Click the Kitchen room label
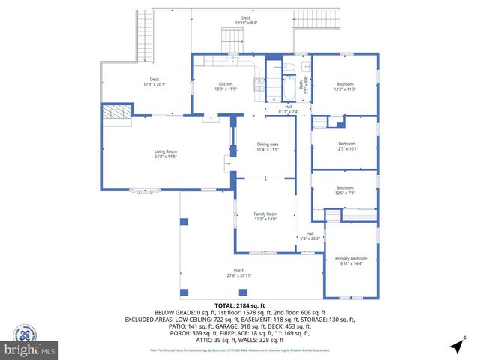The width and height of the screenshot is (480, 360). pos(225,83)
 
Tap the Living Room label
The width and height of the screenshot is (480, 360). pos(165,151)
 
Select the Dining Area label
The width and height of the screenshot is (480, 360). pos(268,144)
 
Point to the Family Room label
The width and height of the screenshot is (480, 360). pos(265,214)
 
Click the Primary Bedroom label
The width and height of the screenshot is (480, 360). pos(351,258)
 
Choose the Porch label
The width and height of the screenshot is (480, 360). pos(239,270)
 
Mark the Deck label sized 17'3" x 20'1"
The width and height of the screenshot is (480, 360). pos(154,85)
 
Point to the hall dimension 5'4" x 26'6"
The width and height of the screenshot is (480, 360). pos(310,238)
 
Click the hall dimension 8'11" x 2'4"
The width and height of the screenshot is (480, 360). pos(288,112)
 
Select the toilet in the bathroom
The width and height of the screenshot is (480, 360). pos(291,69)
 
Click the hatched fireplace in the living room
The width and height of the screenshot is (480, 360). pos(117,112)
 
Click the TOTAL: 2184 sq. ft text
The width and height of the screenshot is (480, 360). pos(240,305)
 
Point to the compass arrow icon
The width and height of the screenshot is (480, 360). pos(456,346)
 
